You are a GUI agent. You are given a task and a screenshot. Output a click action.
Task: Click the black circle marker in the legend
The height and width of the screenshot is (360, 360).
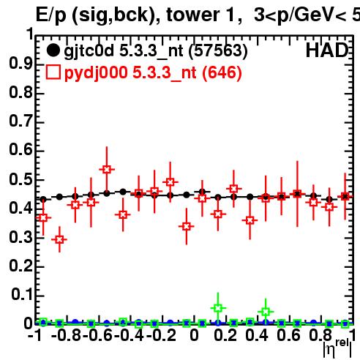pos(53,50)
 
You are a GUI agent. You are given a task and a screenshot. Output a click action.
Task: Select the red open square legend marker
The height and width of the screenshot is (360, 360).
pos(53,72)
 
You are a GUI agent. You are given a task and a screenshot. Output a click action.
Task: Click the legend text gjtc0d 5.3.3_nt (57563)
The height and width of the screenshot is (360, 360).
pos(156,51)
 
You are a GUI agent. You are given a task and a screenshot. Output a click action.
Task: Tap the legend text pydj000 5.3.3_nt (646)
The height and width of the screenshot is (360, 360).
pos(153,72)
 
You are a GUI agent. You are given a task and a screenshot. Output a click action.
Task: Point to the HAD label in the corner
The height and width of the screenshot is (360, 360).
pos(327,50)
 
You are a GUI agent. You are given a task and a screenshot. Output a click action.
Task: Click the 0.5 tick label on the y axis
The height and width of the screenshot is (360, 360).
pos(20,180)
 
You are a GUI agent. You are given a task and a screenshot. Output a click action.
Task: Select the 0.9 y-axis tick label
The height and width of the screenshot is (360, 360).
pos(20,64)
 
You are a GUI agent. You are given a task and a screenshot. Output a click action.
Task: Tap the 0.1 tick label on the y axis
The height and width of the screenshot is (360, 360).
pos(21,294)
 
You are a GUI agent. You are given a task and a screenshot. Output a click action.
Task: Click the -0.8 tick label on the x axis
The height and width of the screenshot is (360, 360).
pos(67,335)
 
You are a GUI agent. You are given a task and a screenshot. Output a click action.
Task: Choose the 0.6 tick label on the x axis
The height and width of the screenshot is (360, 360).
pos(288,335)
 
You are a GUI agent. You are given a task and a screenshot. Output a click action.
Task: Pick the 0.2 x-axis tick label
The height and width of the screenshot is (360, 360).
pos(225,335)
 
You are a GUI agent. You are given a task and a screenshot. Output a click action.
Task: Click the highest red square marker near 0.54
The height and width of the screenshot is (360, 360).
pos(107,169)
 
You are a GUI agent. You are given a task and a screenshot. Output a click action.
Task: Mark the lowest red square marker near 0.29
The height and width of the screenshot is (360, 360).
pos(59,239)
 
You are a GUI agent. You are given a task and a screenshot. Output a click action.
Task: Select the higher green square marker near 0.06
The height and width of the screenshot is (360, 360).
pos(218,308)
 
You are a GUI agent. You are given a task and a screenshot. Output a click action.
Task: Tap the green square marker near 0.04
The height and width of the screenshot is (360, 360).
pos(266,312)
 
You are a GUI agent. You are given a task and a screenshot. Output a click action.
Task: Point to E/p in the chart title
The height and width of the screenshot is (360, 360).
pos(51,16)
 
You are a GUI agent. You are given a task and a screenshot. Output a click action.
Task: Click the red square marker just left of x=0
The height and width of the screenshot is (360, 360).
pos(187,226)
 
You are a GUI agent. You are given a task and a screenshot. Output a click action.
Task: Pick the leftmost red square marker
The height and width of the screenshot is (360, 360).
pos(43,217)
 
